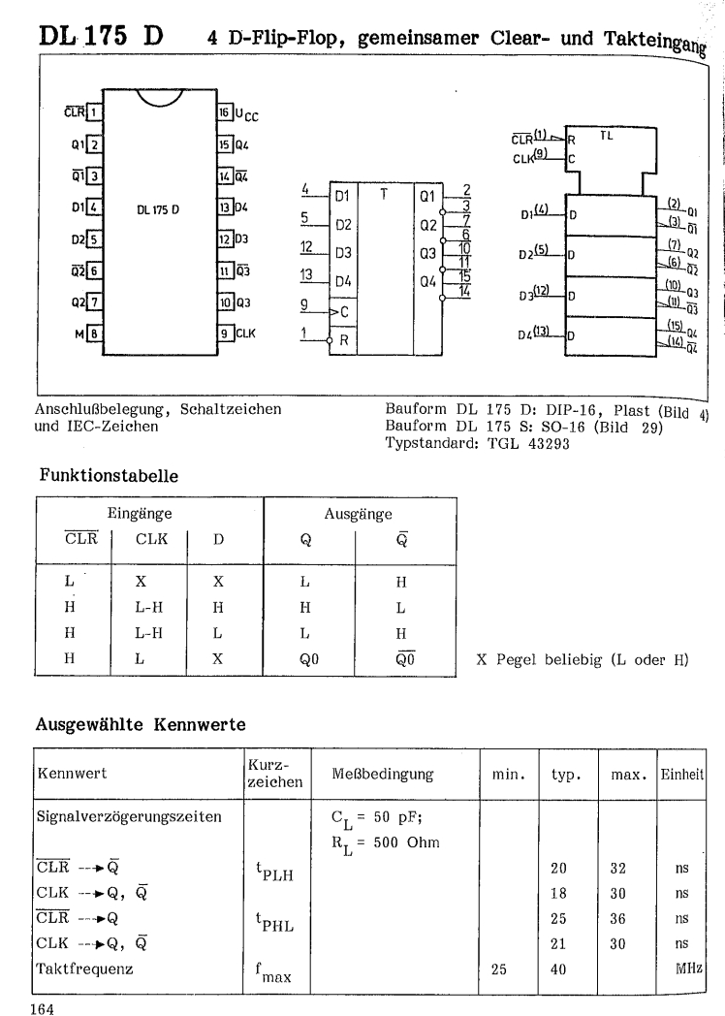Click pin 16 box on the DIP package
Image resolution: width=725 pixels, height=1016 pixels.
223,113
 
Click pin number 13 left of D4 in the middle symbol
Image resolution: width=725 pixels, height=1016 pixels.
307,273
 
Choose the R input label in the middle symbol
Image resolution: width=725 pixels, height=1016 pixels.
341,341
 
